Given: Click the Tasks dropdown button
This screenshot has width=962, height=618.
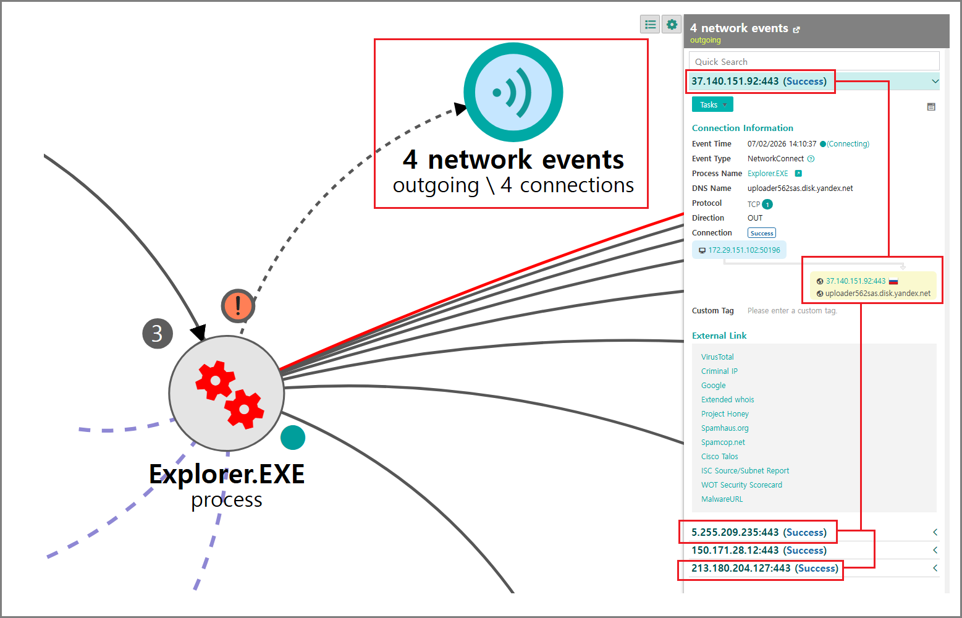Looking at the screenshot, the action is pos(712,104).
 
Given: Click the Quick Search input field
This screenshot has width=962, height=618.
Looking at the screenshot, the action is pos(814,61).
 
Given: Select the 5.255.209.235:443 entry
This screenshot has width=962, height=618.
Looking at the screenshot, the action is pos(759,532).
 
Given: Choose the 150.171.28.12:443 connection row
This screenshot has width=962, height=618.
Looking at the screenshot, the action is pos(759,550).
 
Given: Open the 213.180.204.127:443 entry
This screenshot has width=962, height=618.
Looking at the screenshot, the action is pos(764,568).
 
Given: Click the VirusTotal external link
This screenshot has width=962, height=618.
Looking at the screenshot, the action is pos(717,357).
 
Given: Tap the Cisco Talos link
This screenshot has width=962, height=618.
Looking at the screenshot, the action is pos(719,457).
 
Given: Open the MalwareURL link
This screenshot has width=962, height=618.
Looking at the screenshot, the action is pos(722,499).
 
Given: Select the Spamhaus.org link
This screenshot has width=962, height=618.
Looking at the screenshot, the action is pos(725,428).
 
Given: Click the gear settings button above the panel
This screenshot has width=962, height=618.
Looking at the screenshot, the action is pos(672,24).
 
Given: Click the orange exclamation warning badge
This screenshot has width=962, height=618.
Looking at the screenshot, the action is pos(238,306).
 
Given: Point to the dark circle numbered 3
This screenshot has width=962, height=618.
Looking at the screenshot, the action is pos(158,333).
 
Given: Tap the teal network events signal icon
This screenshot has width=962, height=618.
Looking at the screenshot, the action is pos(513,92).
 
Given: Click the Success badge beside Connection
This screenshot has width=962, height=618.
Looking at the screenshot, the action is pos(761,233).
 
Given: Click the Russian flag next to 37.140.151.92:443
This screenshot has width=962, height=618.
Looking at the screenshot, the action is pos(893,281).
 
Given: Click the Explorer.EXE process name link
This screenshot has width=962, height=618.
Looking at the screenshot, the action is pos(767,174).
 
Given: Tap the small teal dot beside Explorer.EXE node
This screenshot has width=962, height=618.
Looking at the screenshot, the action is pos(292,437).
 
